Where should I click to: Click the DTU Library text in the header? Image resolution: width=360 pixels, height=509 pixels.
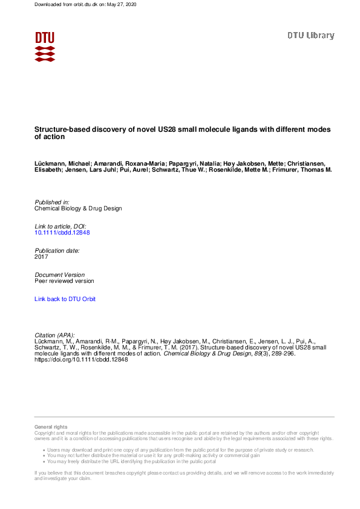[x=310, y=36]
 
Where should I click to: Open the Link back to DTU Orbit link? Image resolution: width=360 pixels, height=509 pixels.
[x=65, y=299]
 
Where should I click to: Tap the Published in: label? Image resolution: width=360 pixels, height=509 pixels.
[x=52, y=202]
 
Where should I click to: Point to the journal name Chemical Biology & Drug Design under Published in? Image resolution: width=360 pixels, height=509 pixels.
[x=78, y=209]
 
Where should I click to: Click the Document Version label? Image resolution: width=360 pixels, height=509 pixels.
[x=60, y=274]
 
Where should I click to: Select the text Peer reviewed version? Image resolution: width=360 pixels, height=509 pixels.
[x=64, y=281]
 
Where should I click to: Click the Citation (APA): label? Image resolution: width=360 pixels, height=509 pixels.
[x=55, y=335]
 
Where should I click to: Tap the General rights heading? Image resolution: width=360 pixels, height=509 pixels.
[x=51, y=427]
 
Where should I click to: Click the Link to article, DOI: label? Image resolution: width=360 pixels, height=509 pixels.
[x=61, y=226]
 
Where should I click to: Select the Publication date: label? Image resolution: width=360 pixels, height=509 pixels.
[x=57, y=250]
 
